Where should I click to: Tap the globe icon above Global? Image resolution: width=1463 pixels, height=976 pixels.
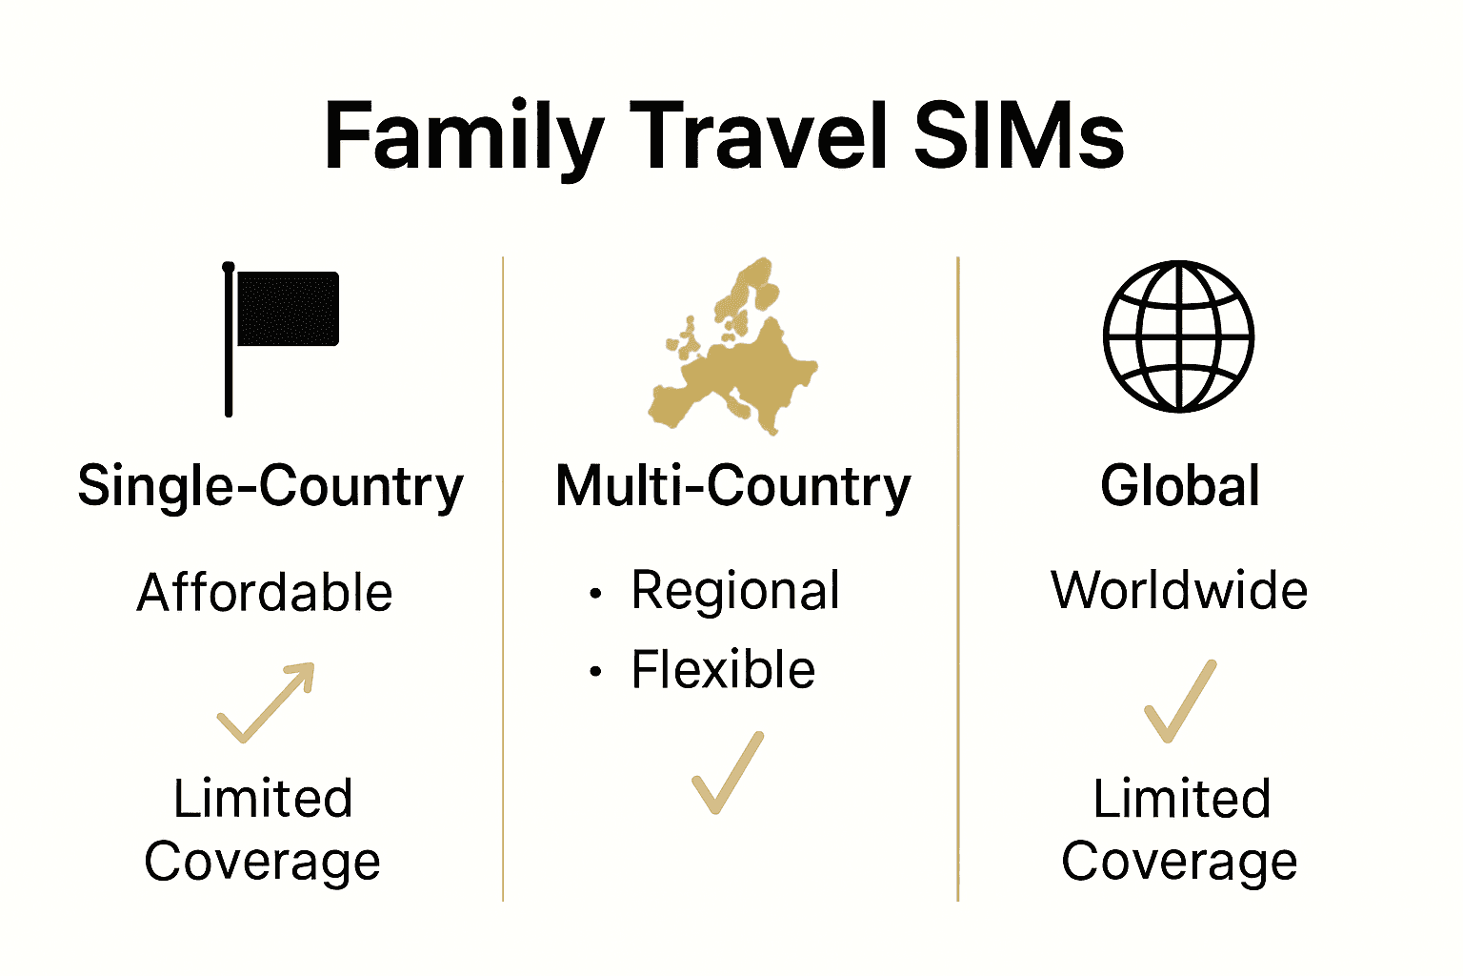coord(1178,336)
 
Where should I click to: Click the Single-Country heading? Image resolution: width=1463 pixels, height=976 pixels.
coord(271,487)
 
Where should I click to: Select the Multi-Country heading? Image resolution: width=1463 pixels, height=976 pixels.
coord(732,487)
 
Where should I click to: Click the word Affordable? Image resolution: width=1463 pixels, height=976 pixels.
coord(265,593)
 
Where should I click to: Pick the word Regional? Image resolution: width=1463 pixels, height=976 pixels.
coord(735,591)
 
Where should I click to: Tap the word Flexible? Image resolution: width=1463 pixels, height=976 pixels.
coord(723,670)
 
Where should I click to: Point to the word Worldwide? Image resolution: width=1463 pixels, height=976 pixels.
coord(1179,591)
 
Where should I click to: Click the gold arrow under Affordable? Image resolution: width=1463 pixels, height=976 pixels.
coord(267,701)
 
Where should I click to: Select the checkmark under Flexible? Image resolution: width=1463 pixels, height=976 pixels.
coord(728,773)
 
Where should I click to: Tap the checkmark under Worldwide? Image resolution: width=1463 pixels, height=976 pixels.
coord(1180,701)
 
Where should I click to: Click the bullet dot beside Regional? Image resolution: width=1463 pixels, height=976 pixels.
coord(595,594)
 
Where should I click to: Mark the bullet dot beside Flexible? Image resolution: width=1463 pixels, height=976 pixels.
coord(595,672)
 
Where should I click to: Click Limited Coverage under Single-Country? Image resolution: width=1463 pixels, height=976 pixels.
coord(263,830)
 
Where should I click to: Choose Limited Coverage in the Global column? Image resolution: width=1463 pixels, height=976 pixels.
coord(1180,830)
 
